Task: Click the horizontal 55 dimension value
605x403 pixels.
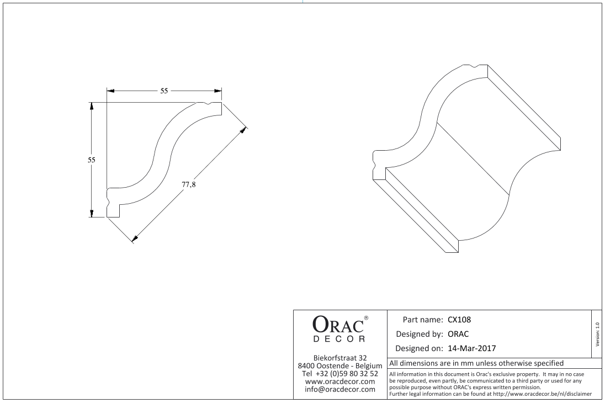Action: coord(164,91)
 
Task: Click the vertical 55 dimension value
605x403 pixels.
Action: coord(91,160)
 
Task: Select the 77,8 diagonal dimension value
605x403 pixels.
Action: coord(189,184)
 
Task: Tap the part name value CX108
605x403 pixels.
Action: coord(459,320)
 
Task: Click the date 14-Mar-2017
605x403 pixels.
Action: coord(472,348)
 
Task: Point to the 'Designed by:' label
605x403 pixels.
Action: coord(420,334)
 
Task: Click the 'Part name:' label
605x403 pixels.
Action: coord(422,320)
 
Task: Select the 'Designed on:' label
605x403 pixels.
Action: coord(419,348)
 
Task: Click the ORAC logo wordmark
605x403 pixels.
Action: coord(338,324)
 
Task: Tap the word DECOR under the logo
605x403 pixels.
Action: coord(339,340)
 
